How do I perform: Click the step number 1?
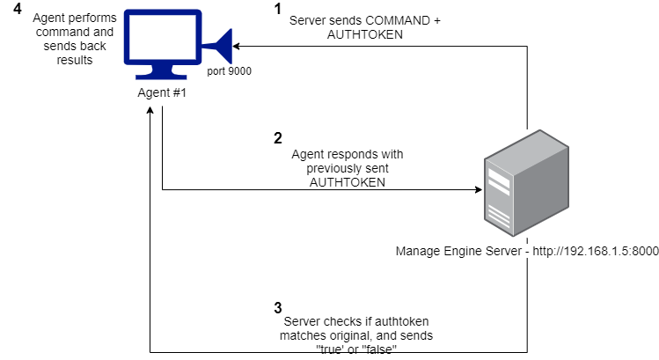pos(278,9)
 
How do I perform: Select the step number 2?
pos(278,138)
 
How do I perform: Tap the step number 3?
pos(278,308)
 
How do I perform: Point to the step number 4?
pos(18,8)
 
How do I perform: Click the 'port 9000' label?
pos(230,72)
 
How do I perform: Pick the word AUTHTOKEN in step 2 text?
pos(347,180)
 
